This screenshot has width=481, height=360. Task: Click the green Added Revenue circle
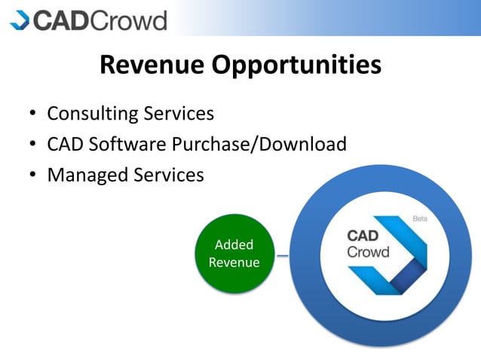[x=234, y=254]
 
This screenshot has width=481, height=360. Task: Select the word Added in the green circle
[x=234, y=245]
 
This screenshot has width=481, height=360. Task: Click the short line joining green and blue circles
[x=282, y=256]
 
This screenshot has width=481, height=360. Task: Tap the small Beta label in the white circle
[x=419, y=219]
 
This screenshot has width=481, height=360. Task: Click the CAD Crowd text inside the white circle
[x=367, y=244]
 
